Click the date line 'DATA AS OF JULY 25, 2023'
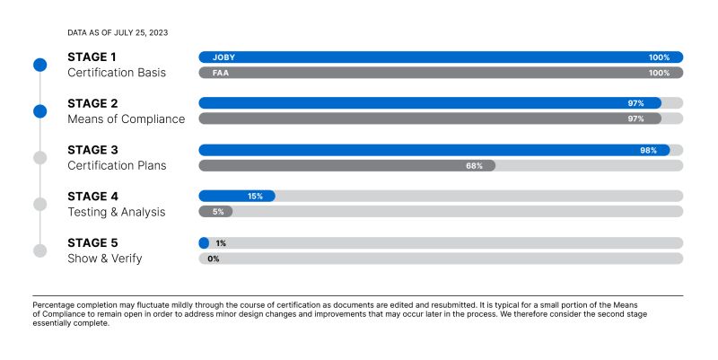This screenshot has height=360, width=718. click(118, 32)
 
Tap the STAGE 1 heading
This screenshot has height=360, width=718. click(92, 57)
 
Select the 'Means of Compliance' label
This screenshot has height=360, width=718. click(127, 119)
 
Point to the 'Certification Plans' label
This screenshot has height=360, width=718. click(117, 165)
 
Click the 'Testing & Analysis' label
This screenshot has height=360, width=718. click(117, 212)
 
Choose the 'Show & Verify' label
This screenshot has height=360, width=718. click(105, 259)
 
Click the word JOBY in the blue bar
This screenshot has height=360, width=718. click(223, 57)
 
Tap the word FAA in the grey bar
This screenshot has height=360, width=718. click(220, 73)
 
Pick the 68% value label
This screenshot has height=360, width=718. click(475, 166)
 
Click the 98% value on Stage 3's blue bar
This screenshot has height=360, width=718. click(648, 150)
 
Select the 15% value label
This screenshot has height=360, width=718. click(255, 197)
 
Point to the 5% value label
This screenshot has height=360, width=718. click(218, 212)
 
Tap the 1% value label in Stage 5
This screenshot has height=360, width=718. click(221, 243)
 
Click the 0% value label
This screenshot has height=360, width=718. click(214, 259)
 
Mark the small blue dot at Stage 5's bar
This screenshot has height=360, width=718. click(205, 243)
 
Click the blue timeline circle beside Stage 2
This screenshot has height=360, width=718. click(40, 111)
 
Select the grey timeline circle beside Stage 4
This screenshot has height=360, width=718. click(40, 205)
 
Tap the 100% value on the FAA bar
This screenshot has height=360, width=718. click(659, 73)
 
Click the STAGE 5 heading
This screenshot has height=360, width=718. click(92, 242)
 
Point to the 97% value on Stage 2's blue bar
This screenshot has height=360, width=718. click(635, 103)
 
